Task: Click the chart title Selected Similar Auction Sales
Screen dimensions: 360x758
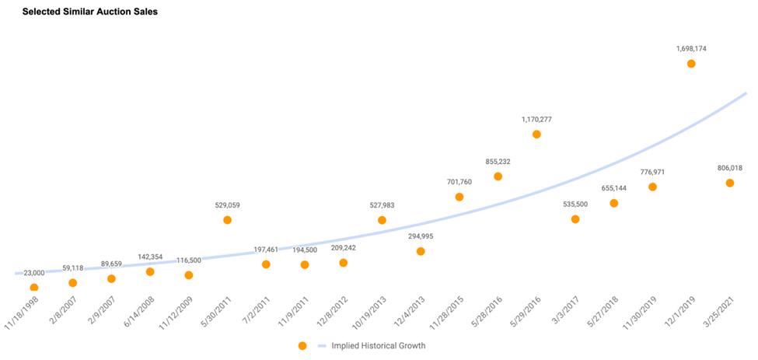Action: point(90,12)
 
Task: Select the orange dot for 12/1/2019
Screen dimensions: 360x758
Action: point(691,64)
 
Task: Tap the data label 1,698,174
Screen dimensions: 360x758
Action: point(691,48)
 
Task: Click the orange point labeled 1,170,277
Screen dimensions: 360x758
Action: point(536,135)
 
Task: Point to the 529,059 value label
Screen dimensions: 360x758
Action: point(227,205)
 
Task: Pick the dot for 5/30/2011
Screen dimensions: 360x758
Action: point(227,220)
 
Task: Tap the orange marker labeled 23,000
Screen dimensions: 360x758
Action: point(34,287)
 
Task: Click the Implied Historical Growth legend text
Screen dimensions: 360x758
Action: point(379,345)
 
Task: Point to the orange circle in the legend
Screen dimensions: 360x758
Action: point(302,345)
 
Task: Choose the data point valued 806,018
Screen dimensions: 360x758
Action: point(730,183)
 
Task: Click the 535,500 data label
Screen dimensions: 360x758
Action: point(575,204)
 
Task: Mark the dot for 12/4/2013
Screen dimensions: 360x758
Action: point(421,251)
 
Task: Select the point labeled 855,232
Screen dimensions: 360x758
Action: point(498,177)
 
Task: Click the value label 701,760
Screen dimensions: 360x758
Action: point(459,182)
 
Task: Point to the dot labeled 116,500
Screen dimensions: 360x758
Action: point(188,275)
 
